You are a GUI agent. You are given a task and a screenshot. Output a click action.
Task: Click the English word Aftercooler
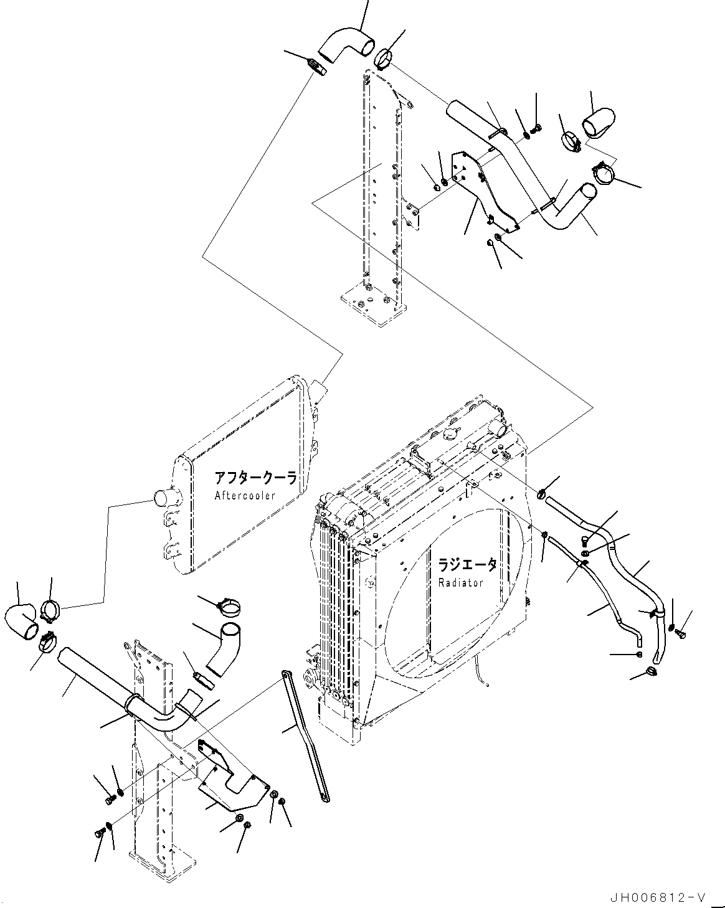click(245, 496)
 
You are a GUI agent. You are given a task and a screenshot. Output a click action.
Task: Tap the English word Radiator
click(461, 583)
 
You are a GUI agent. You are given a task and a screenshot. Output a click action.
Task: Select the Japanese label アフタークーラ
click(254, 478)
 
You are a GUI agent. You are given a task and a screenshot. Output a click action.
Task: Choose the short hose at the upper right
click(599, 121)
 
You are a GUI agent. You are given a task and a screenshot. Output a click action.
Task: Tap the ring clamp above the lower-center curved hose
click(228, 607)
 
